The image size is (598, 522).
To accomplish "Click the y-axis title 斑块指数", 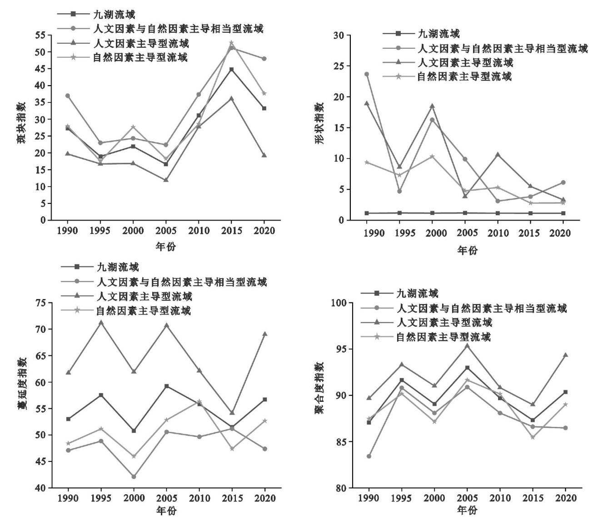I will pyautogui.click(x=21, y=123).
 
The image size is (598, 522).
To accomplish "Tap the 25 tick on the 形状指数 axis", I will pyautogui.click(x=339, y=66).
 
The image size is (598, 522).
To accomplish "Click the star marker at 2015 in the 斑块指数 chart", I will pyautogui.click(x=231, y=43).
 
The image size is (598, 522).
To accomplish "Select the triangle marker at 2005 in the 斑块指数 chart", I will pyautogui.click(x=166, y=179).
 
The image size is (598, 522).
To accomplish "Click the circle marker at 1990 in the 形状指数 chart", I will pyautogui.click(x=367, y=74).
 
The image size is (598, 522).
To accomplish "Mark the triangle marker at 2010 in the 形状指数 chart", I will pyautogui.click(x=498, y=154).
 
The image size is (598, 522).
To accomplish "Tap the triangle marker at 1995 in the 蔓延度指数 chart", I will pyautogui.click(x=101, y=322).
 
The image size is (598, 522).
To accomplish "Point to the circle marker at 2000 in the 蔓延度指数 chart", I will pyautogui.click(x=134, y=476).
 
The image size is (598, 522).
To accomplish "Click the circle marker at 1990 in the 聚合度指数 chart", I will pyautogui.click(x=369, y=456).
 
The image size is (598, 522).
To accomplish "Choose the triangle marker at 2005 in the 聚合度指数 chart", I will pyautogui.click(x=467, y=345).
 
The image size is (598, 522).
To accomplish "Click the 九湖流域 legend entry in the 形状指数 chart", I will pyautogui.click(x=438, y=34).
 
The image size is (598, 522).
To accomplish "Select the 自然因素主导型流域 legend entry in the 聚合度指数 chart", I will pyautogui.click(x=443, y=337).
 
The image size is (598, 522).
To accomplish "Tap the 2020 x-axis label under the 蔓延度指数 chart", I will pyautogui.click(x=264, y=498).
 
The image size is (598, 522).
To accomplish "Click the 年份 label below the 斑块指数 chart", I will pyautogui.click(x=165, y=247).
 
